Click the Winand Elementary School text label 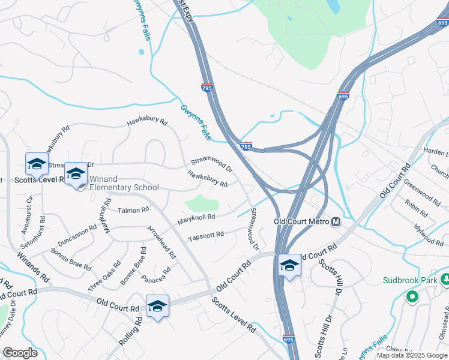pos(124,182)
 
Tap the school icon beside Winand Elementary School pos(76,174)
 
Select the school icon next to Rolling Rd pos(157,306)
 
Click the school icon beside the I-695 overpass pos(289,265)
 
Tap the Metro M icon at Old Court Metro pos(336,222)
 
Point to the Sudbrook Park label pos(411,280)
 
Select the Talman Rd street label pos(133,210)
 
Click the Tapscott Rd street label pos(206,235)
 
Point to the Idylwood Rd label pos(428,233)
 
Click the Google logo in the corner pos(20,353)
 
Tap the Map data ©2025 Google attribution pos(412,355)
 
